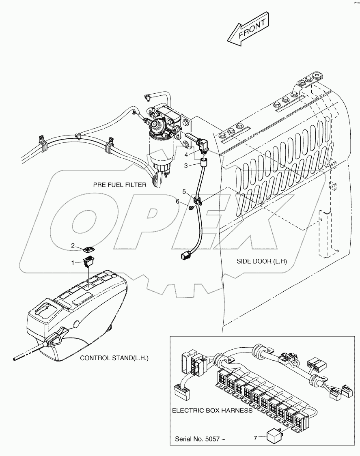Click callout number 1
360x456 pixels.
pyautogui.click(x=73, y=263)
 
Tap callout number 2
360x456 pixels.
pyautogui.click(x=73, y=245)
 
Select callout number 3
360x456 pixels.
pyautogui.click(x=186, y=166)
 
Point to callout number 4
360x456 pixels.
pyautogui.click(x=186, y=155)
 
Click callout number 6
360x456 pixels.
pyautogui.click(x=177, y=202)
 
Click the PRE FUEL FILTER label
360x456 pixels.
pyautogui.click(x=120, y=185)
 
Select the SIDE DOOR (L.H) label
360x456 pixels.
pyautogui.click(x=262, y=261)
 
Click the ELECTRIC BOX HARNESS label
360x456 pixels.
pyautogui.click(x=212, y=410)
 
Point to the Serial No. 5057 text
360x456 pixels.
pyautogui.click(x=199, y=439)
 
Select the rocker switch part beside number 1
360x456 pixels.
pyautogui.click(x=88, y=262)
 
